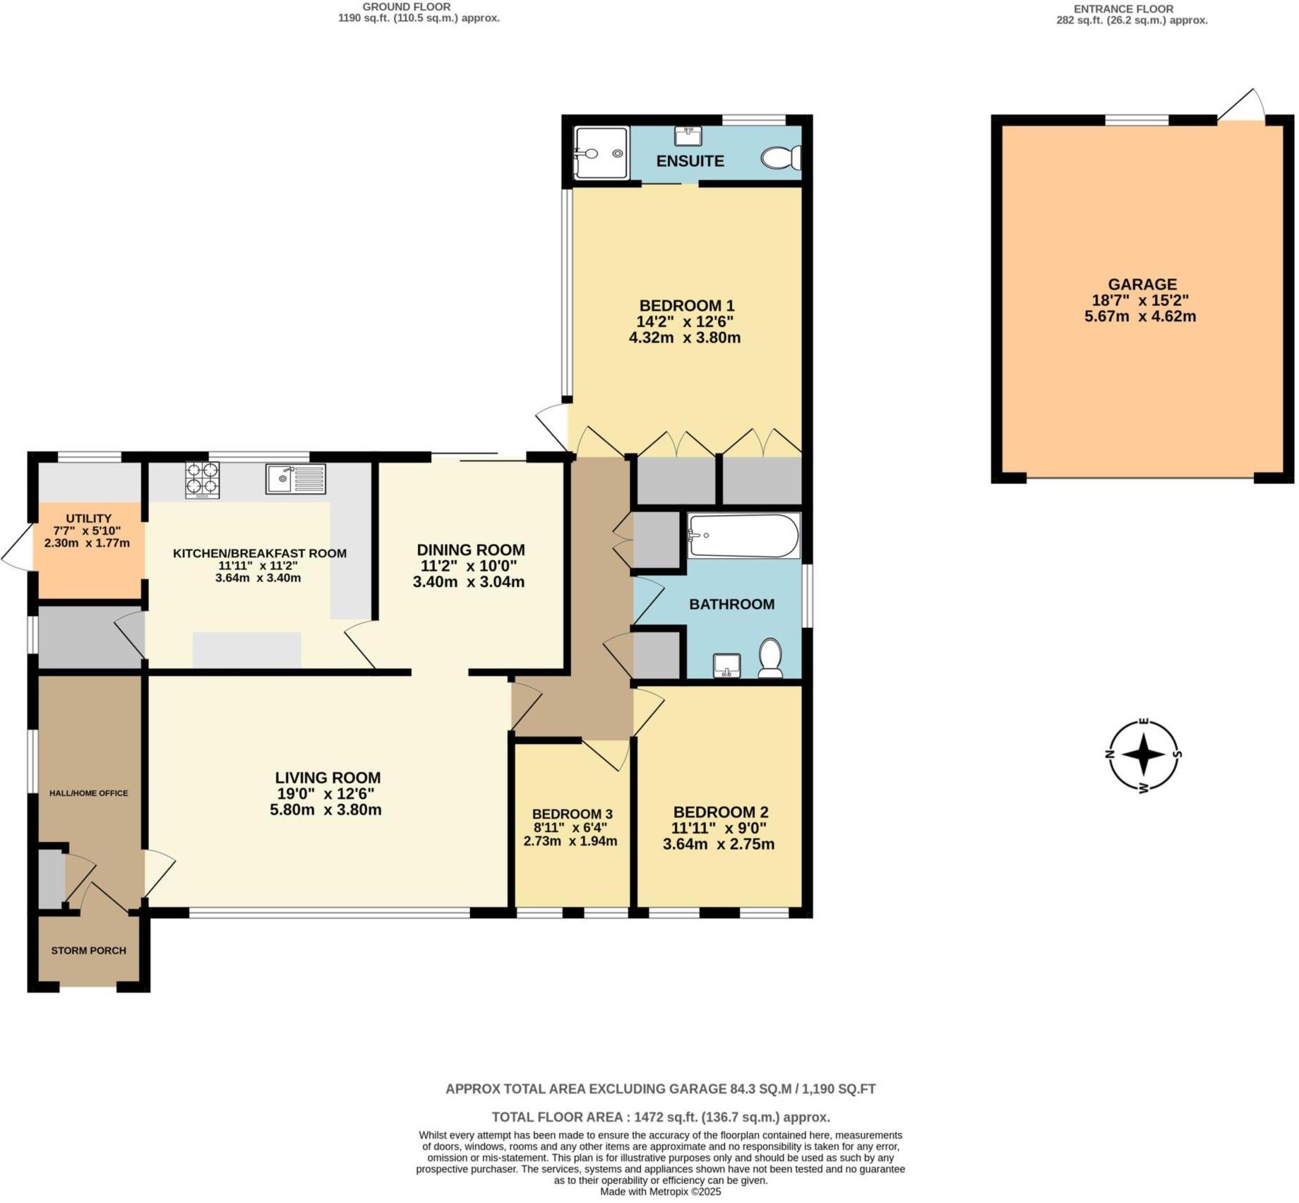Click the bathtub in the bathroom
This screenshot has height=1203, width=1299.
pos(743,535)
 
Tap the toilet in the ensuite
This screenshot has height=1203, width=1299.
pos(781,158)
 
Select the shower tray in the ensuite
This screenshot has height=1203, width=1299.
pos(600,153)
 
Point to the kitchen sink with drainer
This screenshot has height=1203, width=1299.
pos(296,478)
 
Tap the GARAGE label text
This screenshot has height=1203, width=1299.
pos(1142,284)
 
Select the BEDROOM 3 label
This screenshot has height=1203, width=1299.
pos(572,813)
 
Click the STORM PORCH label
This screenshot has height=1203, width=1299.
pos(88,950)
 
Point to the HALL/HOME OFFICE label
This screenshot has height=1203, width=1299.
pos(88,793)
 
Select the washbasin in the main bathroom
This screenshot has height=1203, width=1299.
pos(726,665)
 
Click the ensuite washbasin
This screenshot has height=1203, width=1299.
pos(688,136)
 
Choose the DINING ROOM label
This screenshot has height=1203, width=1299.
pos(470,550)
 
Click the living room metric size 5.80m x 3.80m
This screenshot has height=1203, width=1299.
pos(325,810)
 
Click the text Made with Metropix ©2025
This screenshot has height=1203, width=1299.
pos(660,1192)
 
